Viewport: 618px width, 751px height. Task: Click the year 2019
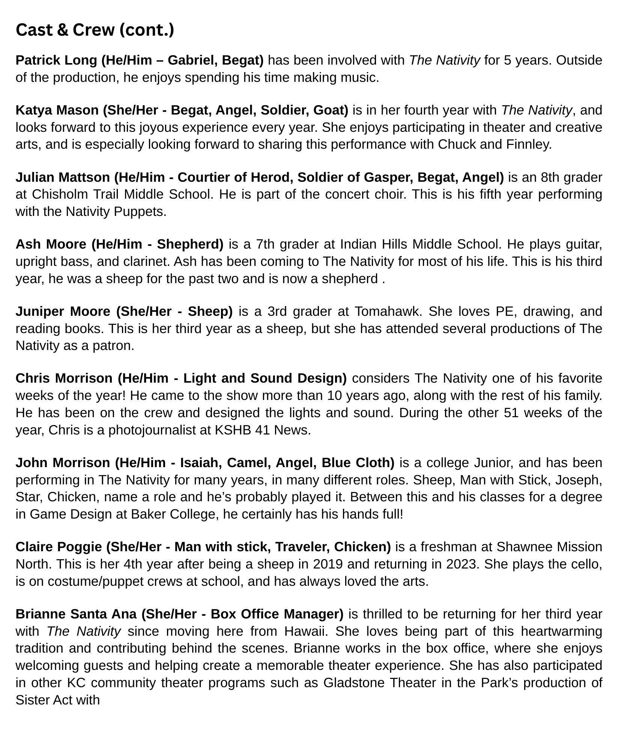329,564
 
